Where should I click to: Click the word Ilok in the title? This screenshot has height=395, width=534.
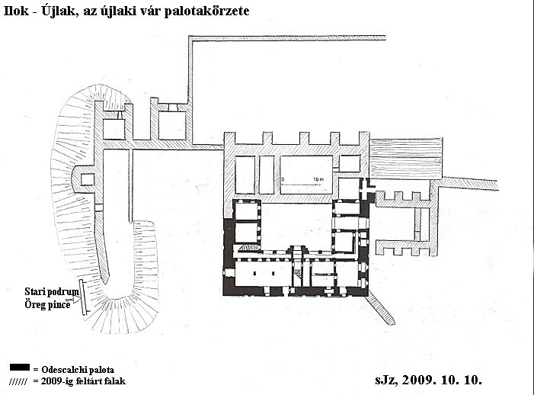[x=16, y=11]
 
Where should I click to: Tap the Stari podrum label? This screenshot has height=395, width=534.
[x=52, y=292]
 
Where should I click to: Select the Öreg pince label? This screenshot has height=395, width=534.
[x=47, y=304]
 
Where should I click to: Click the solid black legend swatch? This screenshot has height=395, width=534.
[x=19, y=367]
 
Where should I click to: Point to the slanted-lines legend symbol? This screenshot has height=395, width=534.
[x=18, y=381]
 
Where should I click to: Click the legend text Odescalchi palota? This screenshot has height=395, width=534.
[x=78, y=370]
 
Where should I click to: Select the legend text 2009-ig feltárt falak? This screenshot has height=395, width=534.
[x=83, y=381]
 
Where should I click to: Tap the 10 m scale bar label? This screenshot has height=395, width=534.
[x=318, y=179]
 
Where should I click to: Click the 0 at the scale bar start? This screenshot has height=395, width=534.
[x=283, y=179]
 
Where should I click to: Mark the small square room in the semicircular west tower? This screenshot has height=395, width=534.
[x=87, y=179]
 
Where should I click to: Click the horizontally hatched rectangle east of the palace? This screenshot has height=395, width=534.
[x=406, y=158]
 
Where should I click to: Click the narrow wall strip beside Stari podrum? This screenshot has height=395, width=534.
[x=83, y=297]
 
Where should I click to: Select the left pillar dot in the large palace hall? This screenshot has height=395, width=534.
[x=254, y=273]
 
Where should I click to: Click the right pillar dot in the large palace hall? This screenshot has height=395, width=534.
[x=273, y=273]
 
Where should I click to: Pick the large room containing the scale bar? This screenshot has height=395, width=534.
[x=306, y=175]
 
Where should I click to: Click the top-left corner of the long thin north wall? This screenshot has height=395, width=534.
[x=189, y=36]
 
